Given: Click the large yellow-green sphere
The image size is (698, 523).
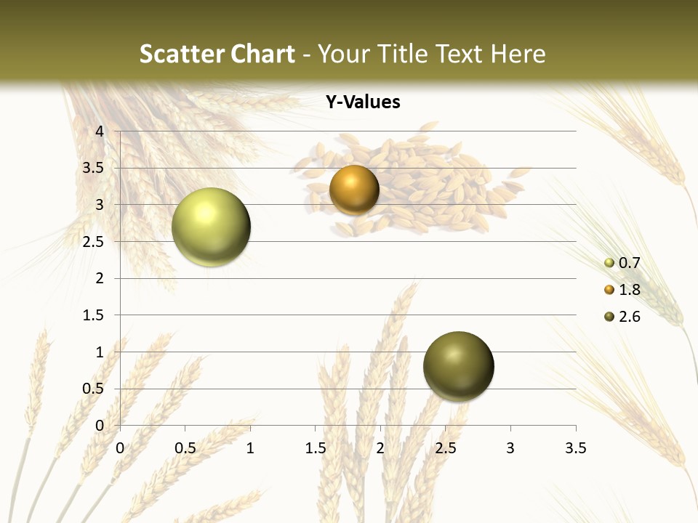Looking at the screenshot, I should [x=211, y=227].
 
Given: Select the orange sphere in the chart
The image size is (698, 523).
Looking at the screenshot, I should [x=354, y=190].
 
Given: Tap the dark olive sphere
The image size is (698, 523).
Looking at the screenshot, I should [x=458, y=366].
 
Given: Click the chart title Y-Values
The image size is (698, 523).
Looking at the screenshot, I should [x=362, y=102].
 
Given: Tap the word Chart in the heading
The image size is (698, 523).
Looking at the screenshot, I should [x=262, y=53].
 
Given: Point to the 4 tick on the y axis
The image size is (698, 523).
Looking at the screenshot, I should [x=100, y=131].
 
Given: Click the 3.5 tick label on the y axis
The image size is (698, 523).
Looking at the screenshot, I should [x=94, y=168].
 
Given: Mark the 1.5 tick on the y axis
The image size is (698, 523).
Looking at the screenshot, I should [x=94, y=315].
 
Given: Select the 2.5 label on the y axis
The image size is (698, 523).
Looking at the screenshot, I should [x=94, y=241].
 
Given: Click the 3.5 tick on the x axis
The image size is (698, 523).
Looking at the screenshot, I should [x=576, y=448].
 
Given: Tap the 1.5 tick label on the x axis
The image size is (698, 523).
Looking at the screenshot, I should [x=315, y=448].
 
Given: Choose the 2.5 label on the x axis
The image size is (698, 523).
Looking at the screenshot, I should [x=445, y=448].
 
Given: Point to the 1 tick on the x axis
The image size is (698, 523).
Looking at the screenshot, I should [x=250, y=448].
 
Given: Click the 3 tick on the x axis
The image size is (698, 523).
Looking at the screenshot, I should [x=510, y=448].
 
